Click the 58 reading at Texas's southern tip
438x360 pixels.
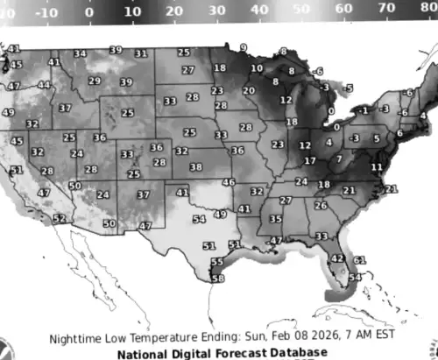coord(218,279)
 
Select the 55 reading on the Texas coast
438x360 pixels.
coord(216,262)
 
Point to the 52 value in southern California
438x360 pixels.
coord(60,219)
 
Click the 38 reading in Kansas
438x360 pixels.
coord(195,166)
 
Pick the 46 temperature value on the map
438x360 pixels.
coord(229,182)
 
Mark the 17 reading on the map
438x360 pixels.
coord(310,161)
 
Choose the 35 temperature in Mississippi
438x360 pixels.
coord(276,219)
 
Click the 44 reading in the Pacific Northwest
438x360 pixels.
coord(44,85)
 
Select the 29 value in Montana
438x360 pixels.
coord(95,81)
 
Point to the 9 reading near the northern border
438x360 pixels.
coord(243,46)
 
